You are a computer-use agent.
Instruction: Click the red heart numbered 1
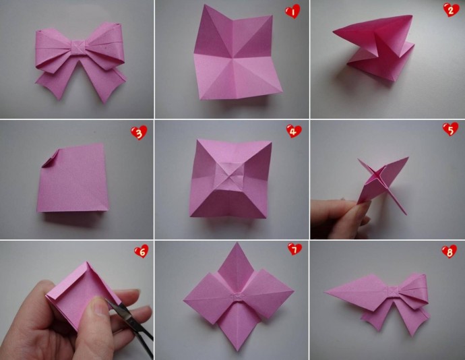[x=292, y=12]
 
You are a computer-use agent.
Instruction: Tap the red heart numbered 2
[x=451, y=10]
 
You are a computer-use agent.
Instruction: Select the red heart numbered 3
[x=139, y=132]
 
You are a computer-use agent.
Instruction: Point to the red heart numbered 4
[x=294, y=131]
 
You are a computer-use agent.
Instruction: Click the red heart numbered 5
[x=450, y=129]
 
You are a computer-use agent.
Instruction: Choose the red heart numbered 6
[x=141, y=251]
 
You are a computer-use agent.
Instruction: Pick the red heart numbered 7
[x=294, y=249]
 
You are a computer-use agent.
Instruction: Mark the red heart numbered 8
[x=449, y=251]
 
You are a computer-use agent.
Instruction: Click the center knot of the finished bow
[x=78, y=47]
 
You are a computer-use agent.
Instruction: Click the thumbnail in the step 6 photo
[x=96, y=305]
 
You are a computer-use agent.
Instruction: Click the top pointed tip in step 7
[x=237, y=243]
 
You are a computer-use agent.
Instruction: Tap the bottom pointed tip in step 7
[x=237, y=351]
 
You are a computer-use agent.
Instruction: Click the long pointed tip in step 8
[x=325, y=292]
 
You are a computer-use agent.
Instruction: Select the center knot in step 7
[x=237, y=296]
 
